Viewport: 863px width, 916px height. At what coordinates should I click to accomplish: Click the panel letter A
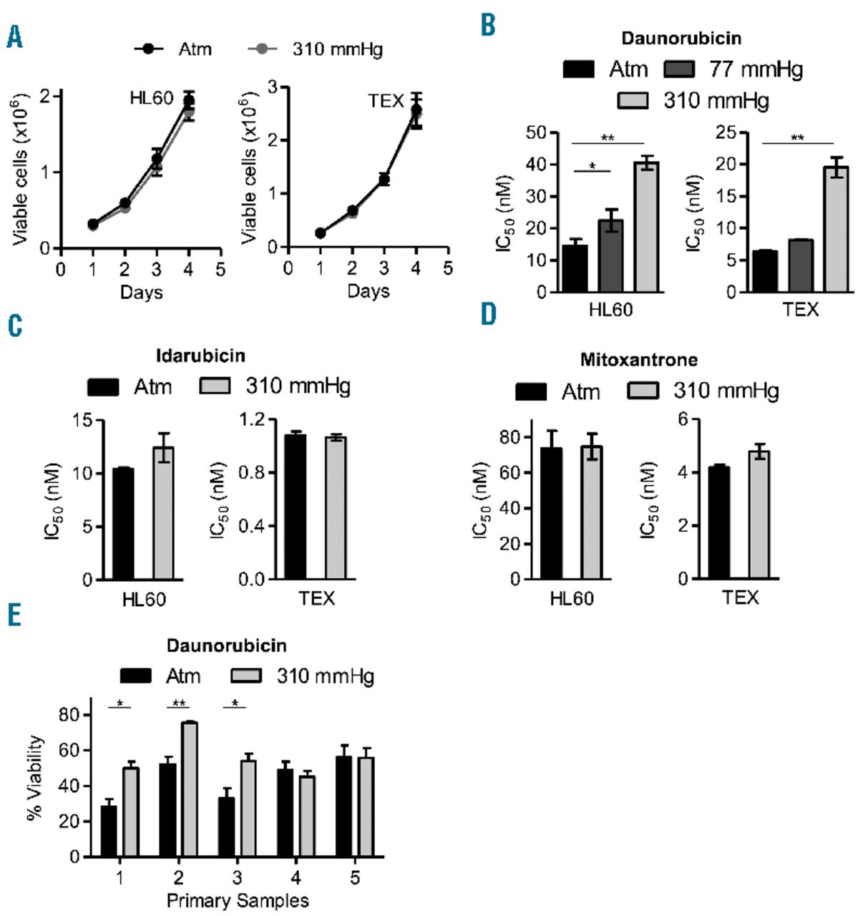pos(14,36)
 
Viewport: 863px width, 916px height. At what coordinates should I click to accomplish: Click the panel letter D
pos(488,314)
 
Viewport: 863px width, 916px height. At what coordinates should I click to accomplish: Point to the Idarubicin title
pos(200,355)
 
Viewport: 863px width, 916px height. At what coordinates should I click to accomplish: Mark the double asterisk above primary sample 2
pos(177,703)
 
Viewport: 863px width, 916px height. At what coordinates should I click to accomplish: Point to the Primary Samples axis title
pos(238,900)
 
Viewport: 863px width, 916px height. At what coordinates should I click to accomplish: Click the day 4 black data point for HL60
pos(189,100)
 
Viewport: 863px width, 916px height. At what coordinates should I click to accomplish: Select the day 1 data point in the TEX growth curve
pos(320,233)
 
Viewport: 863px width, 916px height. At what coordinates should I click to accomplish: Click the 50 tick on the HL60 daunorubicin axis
pos(536,132)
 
